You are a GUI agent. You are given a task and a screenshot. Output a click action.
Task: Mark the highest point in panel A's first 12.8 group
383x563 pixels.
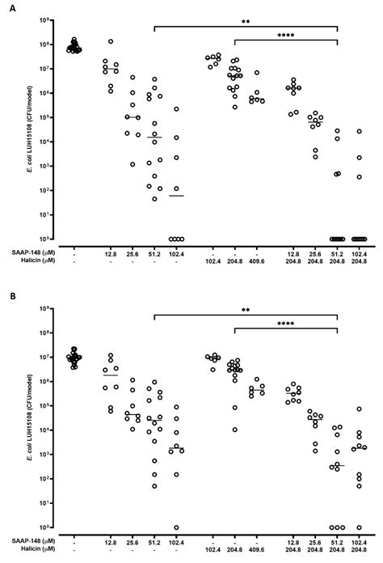(x=110, y=41)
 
